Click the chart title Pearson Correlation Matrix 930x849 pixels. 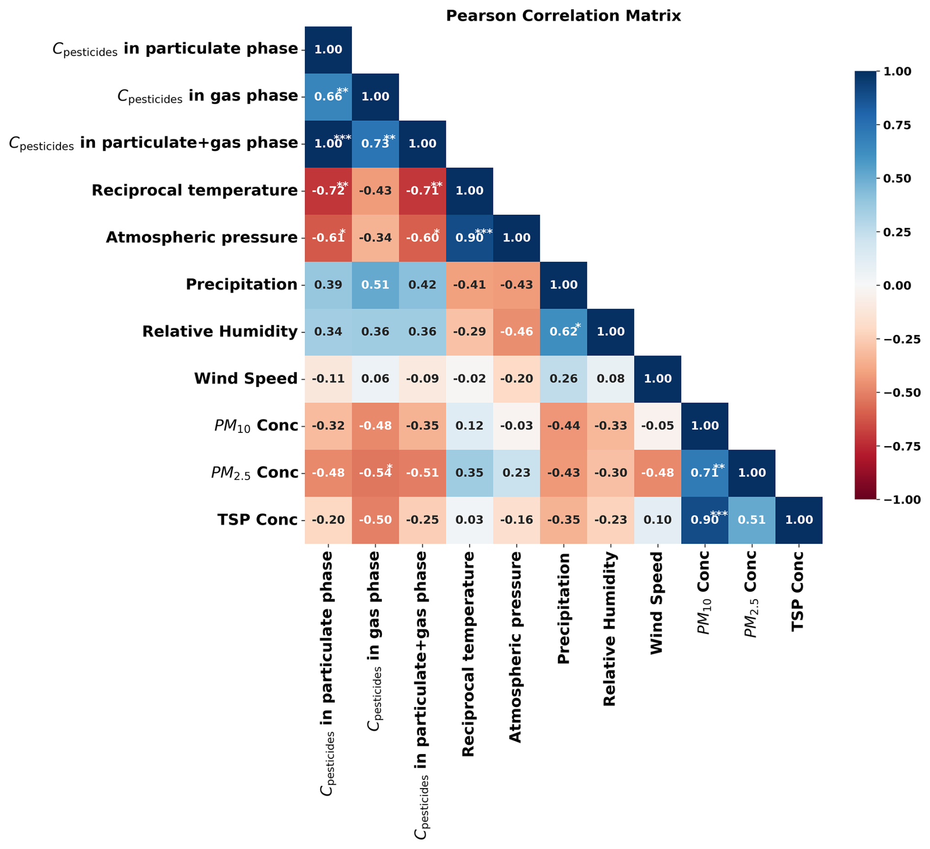point(563,16)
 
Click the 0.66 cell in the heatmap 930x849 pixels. point(328,96)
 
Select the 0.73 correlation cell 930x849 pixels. point(375,143)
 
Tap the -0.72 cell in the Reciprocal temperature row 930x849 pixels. point(328,191)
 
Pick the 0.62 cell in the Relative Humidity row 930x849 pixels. point(563,332)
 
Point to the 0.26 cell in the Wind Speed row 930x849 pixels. point(563,379)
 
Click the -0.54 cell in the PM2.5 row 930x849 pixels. point(375,473)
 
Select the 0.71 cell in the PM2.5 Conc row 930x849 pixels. point(704,473)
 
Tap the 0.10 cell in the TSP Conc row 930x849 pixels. point(658,520)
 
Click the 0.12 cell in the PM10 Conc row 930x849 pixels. point(469,425)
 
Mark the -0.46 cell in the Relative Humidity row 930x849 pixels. point(517,332)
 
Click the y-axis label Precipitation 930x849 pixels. point(241,284)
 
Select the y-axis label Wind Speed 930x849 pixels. point(246,379)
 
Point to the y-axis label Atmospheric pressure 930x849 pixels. point(202,238)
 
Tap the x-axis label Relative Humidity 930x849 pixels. point(610,629)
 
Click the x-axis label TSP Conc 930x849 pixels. point(798,591)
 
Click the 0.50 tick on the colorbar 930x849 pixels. point(897,178)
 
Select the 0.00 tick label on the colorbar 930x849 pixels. point(897,285)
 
